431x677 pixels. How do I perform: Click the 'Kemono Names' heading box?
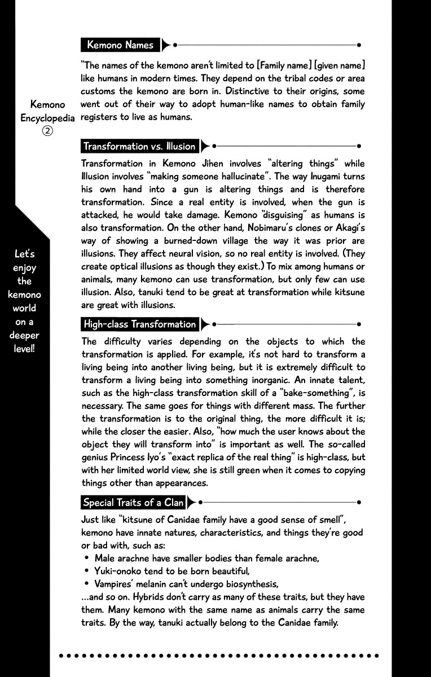point(120,45)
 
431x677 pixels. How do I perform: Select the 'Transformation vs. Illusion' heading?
point(139,146)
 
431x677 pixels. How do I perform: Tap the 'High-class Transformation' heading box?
point(139,324)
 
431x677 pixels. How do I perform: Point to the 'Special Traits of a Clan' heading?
point(133,502)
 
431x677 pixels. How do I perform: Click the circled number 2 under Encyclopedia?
point(48,130)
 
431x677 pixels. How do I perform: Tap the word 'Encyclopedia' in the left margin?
point(48,118)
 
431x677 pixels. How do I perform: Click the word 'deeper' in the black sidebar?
point(24,335)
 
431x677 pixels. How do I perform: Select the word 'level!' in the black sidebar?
point(24,348)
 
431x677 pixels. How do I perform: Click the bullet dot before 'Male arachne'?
point(87,559)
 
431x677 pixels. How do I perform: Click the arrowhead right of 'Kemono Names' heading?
point(166,45)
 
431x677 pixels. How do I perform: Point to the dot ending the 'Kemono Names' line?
point(359,45)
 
